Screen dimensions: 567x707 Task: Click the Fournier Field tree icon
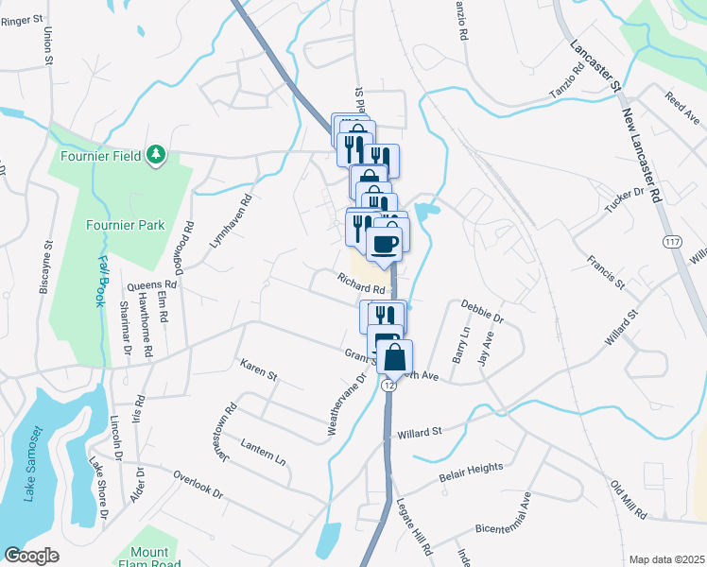(x=156, y=155)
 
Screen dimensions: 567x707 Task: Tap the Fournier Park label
(x=126, y=225)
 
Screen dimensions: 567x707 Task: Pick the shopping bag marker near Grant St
(x=398, y=357)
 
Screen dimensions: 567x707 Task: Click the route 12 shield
(x=388, y=386)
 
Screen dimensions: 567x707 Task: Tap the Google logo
(x=32, y=556)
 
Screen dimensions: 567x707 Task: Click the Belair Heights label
(x=471, y=473)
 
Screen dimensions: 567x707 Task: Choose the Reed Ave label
(x=681, y=100)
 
